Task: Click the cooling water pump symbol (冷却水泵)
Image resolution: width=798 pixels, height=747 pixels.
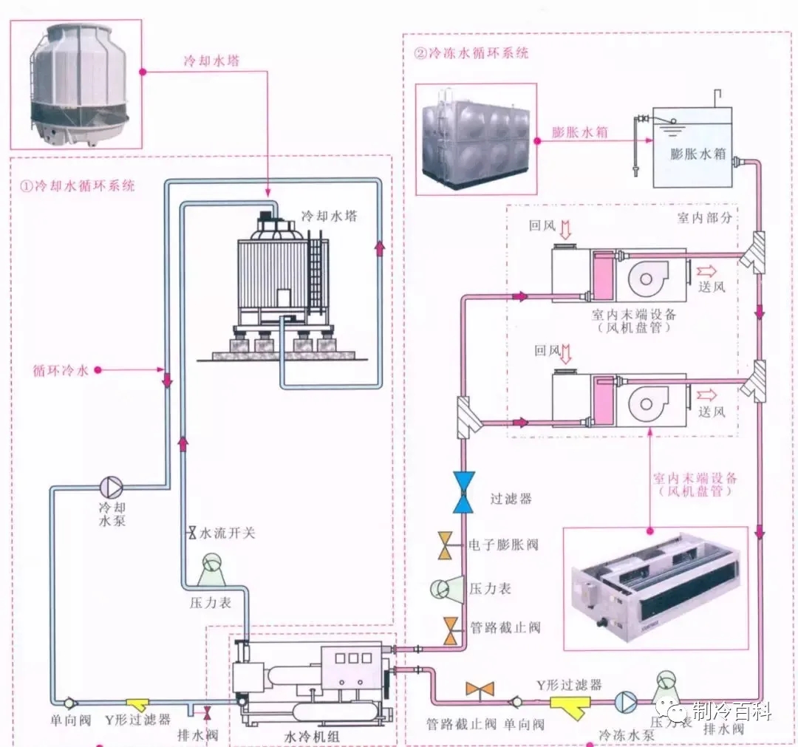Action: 111,487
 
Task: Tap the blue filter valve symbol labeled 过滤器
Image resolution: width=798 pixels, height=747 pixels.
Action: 463,492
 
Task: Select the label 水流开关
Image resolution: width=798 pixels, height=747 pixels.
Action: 228,533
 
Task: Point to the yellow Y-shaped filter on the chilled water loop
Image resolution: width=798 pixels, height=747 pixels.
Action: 570,706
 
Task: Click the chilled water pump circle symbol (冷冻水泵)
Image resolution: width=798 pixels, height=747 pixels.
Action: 626,702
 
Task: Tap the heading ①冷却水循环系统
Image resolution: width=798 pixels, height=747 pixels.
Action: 78,185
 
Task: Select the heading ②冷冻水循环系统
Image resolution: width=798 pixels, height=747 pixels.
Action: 471,53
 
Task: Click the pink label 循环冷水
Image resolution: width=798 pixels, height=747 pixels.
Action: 61,370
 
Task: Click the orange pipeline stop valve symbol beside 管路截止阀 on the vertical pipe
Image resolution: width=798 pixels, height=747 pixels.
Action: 451,631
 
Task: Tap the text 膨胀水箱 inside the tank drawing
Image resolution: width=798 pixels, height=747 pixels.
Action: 698,153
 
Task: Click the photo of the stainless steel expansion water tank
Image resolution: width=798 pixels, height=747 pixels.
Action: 476,139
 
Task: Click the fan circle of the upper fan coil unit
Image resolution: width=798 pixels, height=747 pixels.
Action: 647,279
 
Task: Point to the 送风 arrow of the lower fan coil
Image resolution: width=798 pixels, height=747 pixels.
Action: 706,395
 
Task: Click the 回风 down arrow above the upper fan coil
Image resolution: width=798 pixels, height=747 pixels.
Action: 565,230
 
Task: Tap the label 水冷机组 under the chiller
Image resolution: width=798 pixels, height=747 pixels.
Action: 312,737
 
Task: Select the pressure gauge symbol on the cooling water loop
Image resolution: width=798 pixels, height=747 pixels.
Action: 211,570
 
